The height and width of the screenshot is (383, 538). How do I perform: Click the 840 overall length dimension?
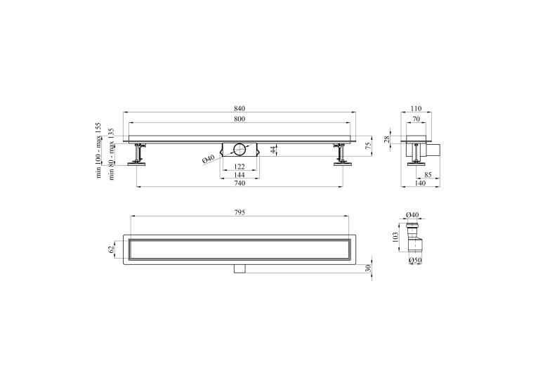pyautogui.click(x=240, y=108)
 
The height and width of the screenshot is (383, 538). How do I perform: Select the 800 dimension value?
pyautogui.click(x=240, y=119)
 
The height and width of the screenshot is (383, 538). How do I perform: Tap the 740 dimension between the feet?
pyautogui.click(x=240, y=183)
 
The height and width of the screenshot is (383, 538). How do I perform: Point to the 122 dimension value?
pyautogui.click(x=240, y=167)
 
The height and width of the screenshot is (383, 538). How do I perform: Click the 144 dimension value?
pyautogui.click(x=240, y=175)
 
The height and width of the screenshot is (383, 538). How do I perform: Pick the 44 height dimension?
pyautogui.click(x=273, y=150)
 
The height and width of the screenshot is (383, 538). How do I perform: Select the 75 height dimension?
pyautogui.click(x=369, y=145)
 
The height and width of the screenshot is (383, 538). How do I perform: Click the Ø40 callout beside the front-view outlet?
pyautogui.click(x=209, y=159)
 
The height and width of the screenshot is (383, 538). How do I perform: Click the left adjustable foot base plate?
pyautogui.click(x=137, y=164)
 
